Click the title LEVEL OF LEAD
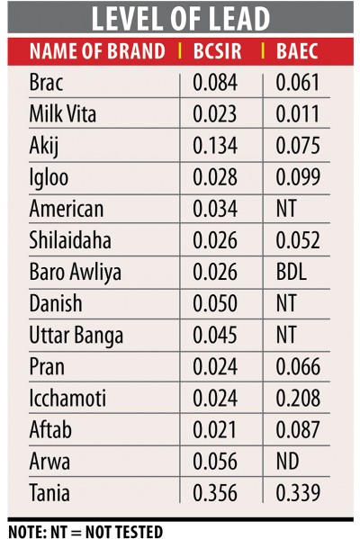click(181, 18)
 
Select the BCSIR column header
click(217, 51)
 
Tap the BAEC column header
click(297, 51)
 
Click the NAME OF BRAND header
click(97, 51)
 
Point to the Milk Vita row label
click(63, 113)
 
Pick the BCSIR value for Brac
click(215, 83)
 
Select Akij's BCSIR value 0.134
click(215, 145)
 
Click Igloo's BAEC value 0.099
click(298, 176)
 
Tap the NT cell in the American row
click(286, 209)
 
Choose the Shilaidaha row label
click(70, 239)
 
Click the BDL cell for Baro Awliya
click(292, 272)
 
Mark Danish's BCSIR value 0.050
click(215, 303)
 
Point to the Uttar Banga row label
click(76, 335)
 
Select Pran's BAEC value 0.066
click(298, 366)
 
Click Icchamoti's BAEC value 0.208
click(298, 398)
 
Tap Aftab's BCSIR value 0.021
click(214, 429)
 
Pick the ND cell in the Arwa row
click(287, 461)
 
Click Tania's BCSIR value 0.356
click(215, 492)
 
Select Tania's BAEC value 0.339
click(298, 492)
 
